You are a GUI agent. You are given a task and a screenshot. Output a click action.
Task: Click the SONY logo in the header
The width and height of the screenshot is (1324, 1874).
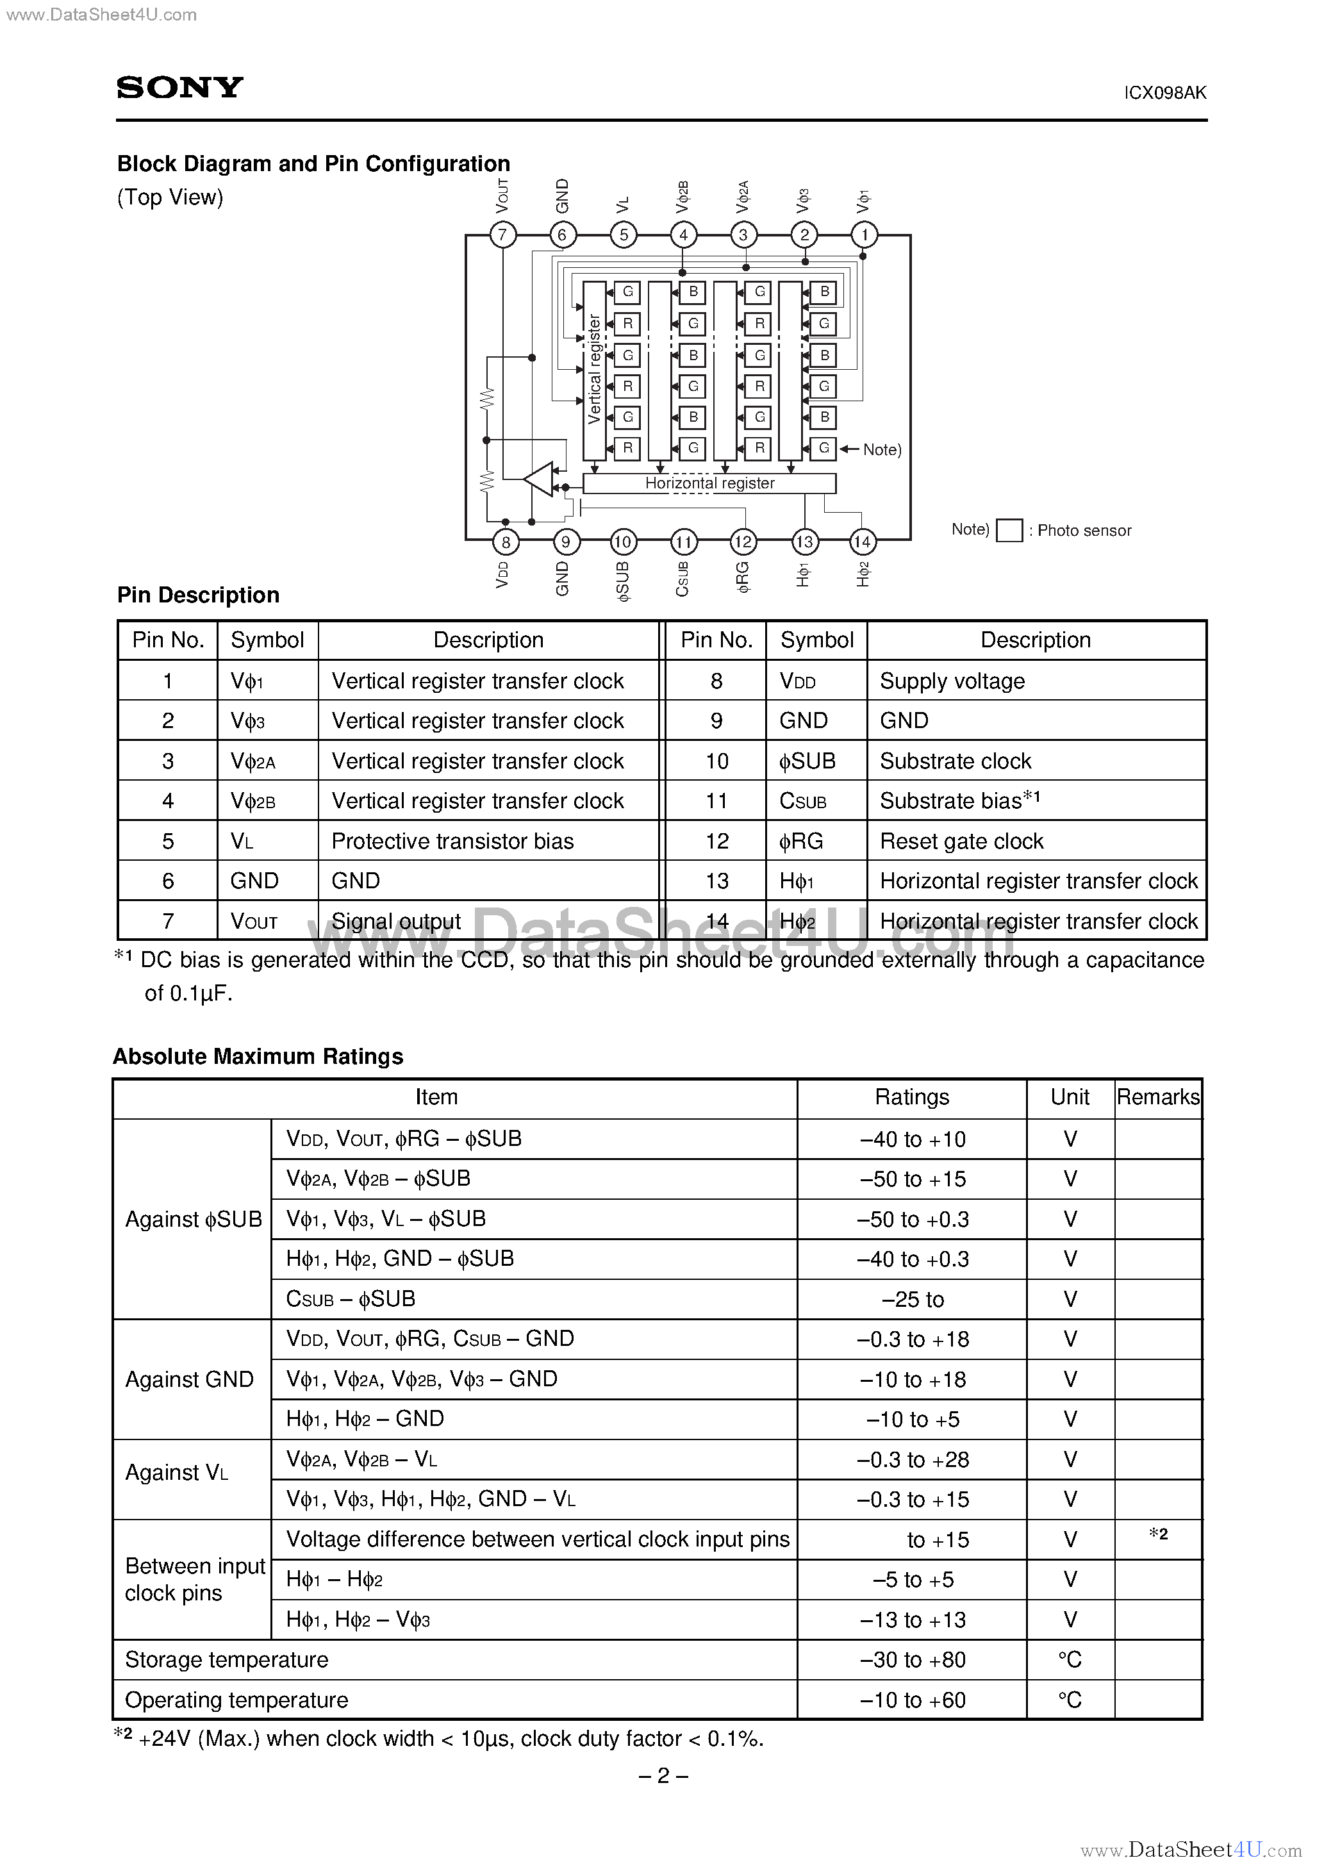tap(179, 87)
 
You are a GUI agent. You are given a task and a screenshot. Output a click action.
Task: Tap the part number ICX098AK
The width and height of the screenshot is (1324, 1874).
tap(1165, 93)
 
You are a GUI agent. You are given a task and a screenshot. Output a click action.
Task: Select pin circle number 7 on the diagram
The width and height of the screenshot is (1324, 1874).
tap(503, 235)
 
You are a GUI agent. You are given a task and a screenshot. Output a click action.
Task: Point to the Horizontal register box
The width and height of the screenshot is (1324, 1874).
tap(709, 483)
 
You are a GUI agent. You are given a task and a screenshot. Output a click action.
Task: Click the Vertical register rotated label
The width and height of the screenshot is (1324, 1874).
tap(594, 369)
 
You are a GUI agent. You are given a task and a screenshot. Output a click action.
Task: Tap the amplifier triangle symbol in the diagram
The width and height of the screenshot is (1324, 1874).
tap(540, 479)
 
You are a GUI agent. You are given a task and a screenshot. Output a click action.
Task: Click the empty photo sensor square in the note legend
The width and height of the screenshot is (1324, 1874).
tap(1010, 531)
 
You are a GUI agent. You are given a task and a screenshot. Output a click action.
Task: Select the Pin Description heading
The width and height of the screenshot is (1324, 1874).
tap(199, 595)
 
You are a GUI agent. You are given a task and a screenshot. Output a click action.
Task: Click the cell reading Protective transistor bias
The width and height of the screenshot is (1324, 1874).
tap(452, 841)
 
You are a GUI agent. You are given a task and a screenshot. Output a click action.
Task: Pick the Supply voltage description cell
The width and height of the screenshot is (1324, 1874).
tap(952, 681)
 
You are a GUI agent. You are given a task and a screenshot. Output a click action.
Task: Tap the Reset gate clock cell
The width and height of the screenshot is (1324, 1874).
tap(961, 841)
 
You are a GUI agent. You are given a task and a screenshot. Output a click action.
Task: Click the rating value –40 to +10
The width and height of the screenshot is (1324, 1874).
tap(912, 1140)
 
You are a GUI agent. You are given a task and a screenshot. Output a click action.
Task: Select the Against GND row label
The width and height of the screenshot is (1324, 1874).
tap(190, 1379)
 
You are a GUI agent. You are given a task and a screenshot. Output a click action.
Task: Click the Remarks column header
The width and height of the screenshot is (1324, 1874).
tap(1157, 1097)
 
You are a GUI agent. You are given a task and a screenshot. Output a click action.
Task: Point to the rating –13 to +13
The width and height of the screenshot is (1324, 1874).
tap(912, 1620)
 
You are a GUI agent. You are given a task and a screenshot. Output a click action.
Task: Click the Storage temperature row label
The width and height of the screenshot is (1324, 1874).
tap(227, 1659)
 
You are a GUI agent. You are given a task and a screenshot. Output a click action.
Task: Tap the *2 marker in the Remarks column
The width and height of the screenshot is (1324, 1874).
tap(1157, 1534)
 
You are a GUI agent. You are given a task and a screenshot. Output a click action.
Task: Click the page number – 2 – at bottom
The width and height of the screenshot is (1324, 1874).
tap(662, 1775)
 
